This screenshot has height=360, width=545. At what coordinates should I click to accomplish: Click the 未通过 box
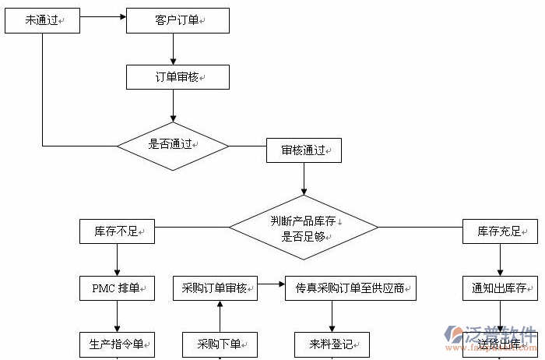click(x=43, y=21)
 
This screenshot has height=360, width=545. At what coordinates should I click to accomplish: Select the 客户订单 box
click(x=178, y=21)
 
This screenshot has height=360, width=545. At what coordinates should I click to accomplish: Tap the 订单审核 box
click(x=178, y=77)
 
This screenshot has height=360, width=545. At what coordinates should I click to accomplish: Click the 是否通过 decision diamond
click(x=173, y=145)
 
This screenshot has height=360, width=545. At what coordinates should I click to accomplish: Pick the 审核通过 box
click(x=304, y=150)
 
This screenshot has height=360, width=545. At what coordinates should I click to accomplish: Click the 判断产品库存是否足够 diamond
click(x=304, y=228)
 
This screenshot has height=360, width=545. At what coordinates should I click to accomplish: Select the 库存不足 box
click(x=117, y=231)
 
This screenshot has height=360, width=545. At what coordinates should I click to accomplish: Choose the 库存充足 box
click(x=500, y=231)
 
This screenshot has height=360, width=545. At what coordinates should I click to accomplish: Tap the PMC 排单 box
click(x=117, y=288)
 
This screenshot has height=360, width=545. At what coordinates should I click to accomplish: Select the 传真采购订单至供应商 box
click(x=350, y=288)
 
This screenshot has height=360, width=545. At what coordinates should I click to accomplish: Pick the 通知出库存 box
click(x=500, y=288)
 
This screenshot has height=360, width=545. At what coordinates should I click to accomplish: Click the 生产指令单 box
click(x=117, y=344)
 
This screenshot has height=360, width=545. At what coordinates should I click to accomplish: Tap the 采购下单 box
click(x=220, y=344)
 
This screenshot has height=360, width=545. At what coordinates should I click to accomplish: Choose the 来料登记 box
click(x=332, y=344)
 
